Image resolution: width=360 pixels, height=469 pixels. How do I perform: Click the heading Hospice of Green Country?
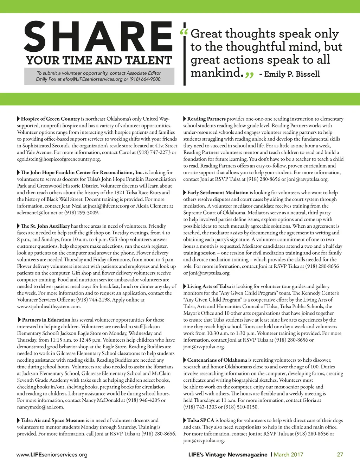pyautogui.click(x=50, y=119)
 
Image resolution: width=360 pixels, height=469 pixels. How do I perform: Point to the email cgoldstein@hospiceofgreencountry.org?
pyautogui.click(x=59, y=159)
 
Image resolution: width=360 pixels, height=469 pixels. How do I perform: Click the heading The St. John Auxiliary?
pyautogui.click(x=45, y=226)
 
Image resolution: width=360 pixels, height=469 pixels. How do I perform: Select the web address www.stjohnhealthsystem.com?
pyautogui.click(x=49, y=306)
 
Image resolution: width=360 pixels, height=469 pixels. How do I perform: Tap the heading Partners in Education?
pyautogui.click(x=46, y=320)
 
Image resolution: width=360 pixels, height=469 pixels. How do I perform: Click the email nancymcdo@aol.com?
pyautogui.click(x=40, y=407)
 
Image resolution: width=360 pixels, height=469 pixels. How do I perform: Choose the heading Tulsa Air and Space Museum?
pyautogui.click(x=53, y=420)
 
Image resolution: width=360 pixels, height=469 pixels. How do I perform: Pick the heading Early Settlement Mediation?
pyautogui.click(x=218, y=192)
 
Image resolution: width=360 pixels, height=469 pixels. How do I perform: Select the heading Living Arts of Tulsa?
pyautogui.click(x=209, y=286)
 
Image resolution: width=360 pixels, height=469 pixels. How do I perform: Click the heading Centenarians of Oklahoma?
pyautogui.click(x=217, y=360)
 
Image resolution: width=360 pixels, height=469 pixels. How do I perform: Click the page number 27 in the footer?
pyautogui.click(x=340, y=455)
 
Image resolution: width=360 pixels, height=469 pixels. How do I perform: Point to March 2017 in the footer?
pyautogui.click(x=288, y=455)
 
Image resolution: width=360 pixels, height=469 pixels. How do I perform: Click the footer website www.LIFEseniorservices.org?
pyautogui.click(x=52, y=455)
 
